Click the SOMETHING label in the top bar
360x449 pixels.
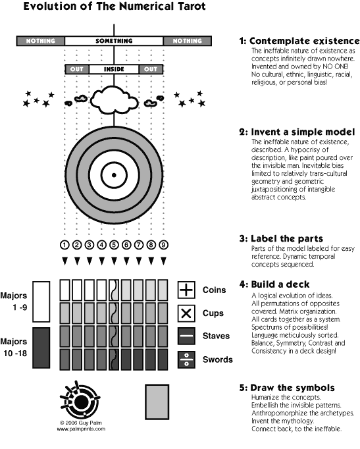point(114,41)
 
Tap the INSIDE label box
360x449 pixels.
point(114,69)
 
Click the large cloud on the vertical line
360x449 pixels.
point(114,99)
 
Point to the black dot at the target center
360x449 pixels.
point(114,175)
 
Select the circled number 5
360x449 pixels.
point(114,245)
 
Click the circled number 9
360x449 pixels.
point(163,245)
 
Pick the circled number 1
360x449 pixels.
point(64,245)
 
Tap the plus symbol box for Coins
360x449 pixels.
point(186,290)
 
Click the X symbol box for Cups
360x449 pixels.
point(186,313)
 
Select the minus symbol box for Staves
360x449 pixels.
point(186,336)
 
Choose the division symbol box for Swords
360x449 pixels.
point(186,359)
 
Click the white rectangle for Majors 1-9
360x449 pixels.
point(41,302)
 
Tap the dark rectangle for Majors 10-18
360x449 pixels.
point(41,348)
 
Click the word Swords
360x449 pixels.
point(217,359)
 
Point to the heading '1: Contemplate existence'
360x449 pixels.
point(299,41)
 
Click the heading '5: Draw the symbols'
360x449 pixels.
point(287,388)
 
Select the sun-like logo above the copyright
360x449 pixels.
point(80,400)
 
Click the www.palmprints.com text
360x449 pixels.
point(81,429)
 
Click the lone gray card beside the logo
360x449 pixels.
point(157,402)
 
